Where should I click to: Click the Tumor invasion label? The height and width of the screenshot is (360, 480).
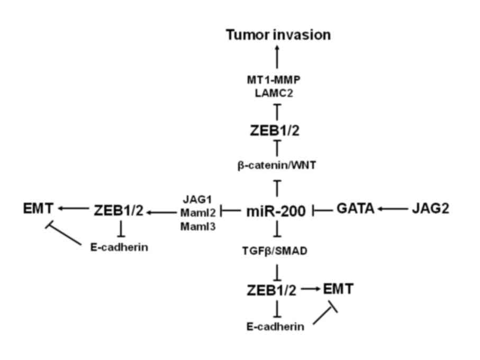tap(278, 35)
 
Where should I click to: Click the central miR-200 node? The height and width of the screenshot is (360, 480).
tap(276, 211)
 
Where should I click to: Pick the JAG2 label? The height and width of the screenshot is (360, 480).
tap(430, 209)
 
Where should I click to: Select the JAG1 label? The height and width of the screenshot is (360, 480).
tap(197, 201)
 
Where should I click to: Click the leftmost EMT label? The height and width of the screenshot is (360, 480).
tap(38, 209)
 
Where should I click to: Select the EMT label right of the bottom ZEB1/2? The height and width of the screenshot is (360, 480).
tap(338, 289)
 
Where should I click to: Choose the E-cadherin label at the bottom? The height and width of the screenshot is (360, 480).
tap(276, 326)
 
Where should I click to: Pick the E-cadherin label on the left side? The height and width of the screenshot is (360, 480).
tap(119, 247)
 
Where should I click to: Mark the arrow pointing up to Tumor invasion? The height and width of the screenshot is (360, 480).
tap(278, 56)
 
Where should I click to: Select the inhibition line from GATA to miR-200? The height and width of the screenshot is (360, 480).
tap(322, 211)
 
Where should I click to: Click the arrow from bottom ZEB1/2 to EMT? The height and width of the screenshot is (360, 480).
tap(311, 290)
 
